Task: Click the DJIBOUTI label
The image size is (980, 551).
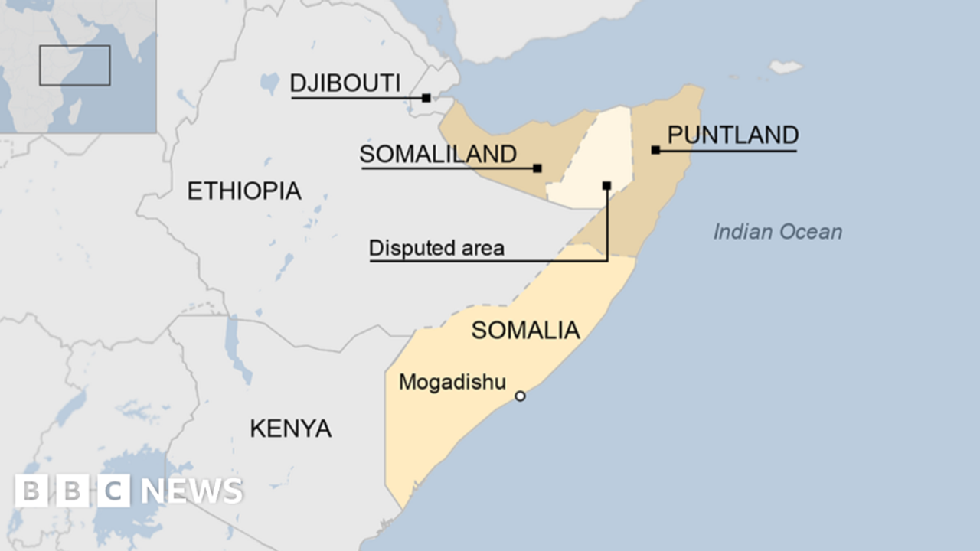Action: (345, 83)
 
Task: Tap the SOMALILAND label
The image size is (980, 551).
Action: (438, 155)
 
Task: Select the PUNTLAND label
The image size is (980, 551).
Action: (733, 135)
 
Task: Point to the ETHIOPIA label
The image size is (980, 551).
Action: (244, 191)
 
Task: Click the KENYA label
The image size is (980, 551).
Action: (291, 429)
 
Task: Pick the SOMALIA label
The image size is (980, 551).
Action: (525, 331)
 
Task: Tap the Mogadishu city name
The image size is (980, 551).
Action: (452, 382)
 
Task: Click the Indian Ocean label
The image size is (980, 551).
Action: (777, 232)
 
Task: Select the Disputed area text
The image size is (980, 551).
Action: (436, 248)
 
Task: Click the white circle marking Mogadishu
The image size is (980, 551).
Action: (520, 396)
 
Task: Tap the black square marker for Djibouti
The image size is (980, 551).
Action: (426, 98)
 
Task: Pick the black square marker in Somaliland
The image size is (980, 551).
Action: (537, 168)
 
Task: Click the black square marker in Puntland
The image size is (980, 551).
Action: (655, 150)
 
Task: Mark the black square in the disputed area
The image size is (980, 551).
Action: (606, 185)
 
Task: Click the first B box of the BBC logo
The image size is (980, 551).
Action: (31, 491)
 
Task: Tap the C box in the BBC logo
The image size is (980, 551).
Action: (113, 491)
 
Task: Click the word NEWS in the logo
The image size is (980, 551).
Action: (192, 491)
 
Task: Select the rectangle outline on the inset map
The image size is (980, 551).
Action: (75, 66)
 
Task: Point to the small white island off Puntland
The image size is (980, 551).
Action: (786, 67)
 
